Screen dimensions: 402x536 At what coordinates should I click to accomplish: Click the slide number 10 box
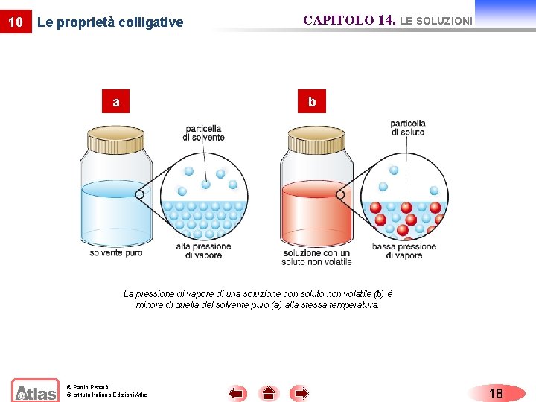pos(15,22)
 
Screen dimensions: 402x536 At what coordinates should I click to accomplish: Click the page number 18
pos(496,393)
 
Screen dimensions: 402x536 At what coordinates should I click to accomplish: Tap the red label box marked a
pos(116,101)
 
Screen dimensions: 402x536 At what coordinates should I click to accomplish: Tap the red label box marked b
pos(312,101)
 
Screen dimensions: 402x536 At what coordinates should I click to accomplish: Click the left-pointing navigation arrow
pos(237,393)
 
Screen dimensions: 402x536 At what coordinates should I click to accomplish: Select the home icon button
pos(269,393)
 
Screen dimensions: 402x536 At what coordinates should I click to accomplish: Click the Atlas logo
pos(35,391)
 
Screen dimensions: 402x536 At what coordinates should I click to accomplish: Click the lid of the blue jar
pos(116,139)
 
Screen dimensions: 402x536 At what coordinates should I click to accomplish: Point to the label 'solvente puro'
pos(116,252)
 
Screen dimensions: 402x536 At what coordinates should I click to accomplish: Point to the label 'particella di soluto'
pos(407,127)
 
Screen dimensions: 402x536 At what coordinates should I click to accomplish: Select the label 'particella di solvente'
pos(202,133)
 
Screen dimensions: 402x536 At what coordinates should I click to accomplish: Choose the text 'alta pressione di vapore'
pos(203,251)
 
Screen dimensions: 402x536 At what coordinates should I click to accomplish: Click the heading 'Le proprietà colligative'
pos(109,22)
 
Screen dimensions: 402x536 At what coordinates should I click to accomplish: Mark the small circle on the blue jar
pos(139,194)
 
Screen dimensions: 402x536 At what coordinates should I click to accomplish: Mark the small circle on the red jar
pos(341,194)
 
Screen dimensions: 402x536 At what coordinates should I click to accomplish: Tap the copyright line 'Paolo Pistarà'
pos(88,387)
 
